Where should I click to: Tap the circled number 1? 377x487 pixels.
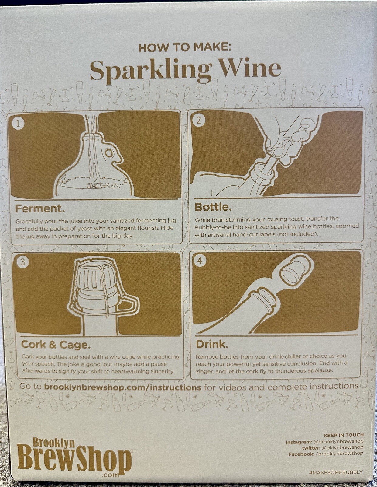point(18,123)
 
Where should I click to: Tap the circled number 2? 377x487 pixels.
point(198,120)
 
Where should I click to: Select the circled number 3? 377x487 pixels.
point(23,262)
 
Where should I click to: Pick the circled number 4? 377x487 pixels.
point(200,261)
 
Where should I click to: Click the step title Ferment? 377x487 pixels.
point(40,209)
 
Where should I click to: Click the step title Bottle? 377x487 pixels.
point(213,207)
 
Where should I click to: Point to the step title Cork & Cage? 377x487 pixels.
point(56,345)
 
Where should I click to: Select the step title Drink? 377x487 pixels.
point(212,344)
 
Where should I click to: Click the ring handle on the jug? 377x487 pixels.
point(109,154)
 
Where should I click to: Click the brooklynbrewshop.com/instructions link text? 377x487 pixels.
point(122,387)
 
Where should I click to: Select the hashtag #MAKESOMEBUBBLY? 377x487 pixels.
point(336,472)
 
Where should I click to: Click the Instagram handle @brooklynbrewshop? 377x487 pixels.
point(338,441)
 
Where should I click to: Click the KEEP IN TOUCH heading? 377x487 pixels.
point(343,435)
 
